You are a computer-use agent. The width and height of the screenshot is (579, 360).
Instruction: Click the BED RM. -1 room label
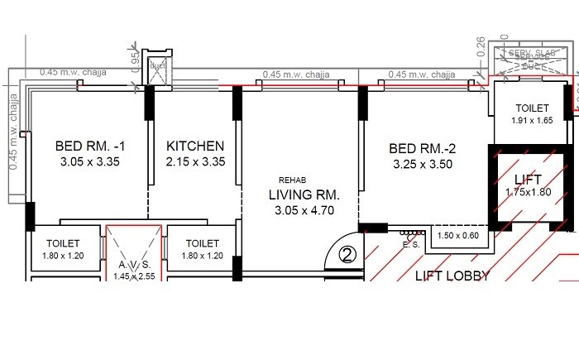(x=90, y=146)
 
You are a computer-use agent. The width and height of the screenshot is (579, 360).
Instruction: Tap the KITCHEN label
(x=195, y=146)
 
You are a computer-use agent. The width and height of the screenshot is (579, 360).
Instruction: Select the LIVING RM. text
(x=304, y=195)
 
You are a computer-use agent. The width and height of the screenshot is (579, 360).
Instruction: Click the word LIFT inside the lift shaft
(x=528, y=179)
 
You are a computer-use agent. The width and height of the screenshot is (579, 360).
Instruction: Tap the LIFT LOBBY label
(x=452, y=276)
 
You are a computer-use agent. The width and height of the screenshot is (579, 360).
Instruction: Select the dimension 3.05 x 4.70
(x=304, y=211)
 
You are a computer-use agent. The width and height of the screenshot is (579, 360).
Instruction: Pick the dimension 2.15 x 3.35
(x=195, y=162)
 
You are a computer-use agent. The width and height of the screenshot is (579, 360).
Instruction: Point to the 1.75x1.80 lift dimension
(x=528, y=193)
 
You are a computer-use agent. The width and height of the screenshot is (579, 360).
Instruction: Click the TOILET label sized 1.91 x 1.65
(x=532, y=108)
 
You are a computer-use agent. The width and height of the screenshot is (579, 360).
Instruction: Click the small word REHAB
(x=292, y=180)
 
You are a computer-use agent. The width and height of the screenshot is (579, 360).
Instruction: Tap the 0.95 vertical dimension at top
(x=135, y=60)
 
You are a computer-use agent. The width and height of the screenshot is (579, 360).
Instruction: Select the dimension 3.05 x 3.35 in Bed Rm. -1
(x=90, y=162)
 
